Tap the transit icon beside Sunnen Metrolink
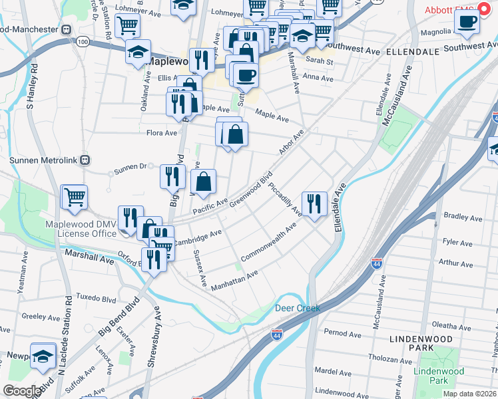tap(85, 160)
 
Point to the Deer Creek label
tap(298, 308)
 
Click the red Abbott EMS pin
tap(485, 11)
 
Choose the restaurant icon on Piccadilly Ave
tap(314, 203)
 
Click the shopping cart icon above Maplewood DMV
tap(74, 198)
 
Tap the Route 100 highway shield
tap(83, 42)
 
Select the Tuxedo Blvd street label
tap(92, 296)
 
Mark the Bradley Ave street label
tap(458, 216)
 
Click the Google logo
tap(22, 391)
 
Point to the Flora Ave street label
tap(162, 133)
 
